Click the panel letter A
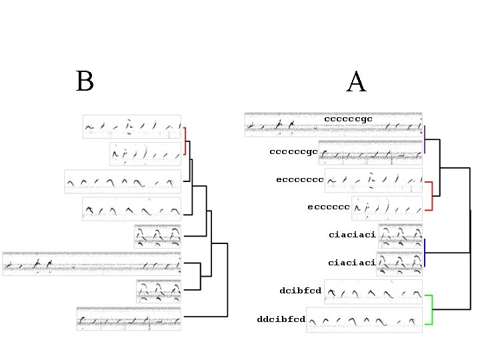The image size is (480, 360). point(356,82)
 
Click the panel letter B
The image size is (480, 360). point(85,81)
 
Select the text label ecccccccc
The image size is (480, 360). point(299,179)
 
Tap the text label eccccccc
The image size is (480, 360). point(329,207)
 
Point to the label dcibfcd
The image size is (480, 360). point(300,290)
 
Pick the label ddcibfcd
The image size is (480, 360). point(281,319)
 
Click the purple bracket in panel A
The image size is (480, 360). point(425,139)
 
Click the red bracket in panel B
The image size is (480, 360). point(185,143)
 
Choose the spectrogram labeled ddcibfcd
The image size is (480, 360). point(364,320)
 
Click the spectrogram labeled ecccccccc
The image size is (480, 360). point(373,180)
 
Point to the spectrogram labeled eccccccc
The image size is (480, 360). point(387,208)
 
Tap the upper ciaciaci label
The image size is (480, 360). point(352,235)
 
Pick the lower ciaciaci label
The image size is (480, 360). point(351,263)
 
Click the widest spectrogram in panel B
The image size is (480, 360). point(91,263)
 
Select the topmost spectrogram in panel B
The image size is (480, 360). point(132,126)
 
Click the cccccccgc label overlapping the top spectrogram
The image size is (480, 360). point(347,119)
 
